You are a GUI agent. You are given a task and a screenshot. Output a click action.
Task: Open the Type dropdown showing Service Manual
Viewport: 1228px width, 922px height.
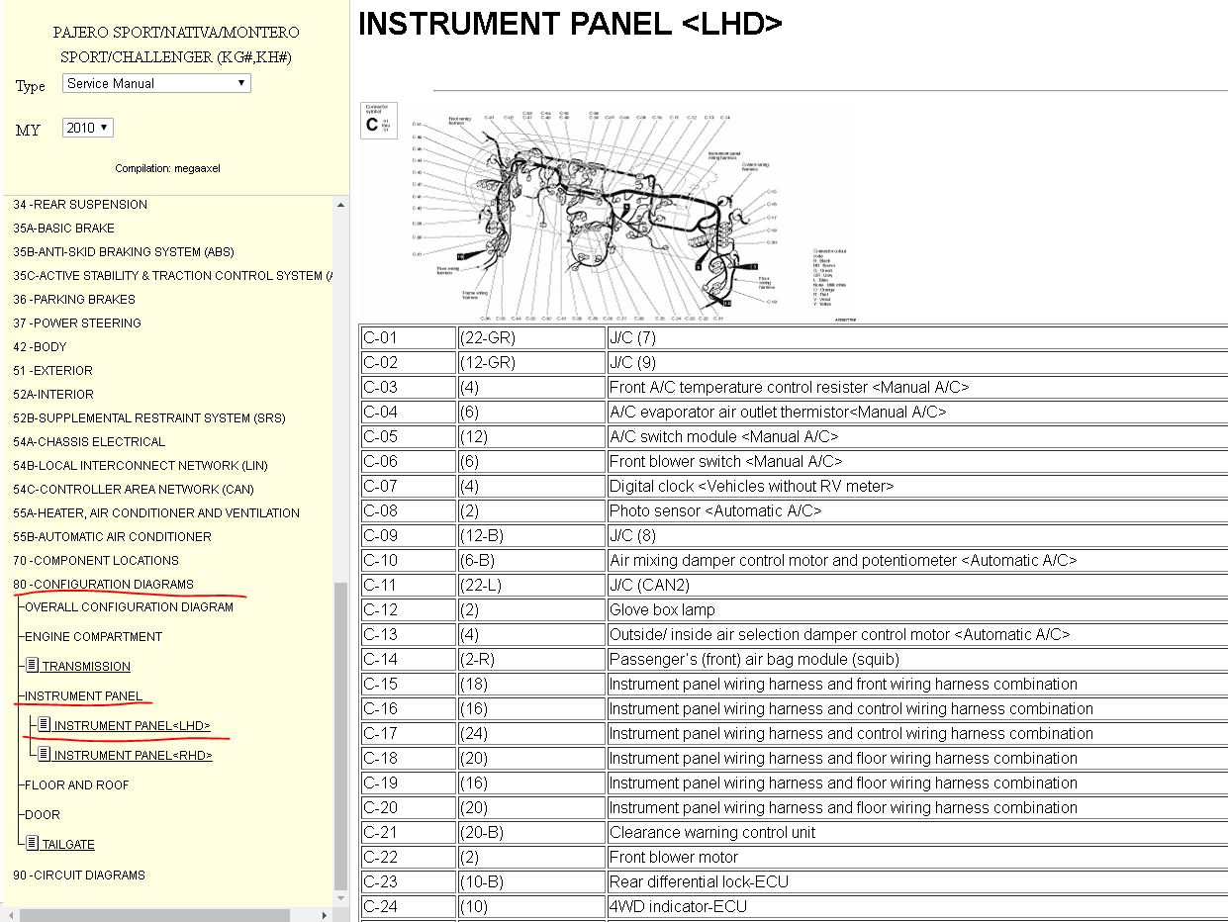pos(156,84)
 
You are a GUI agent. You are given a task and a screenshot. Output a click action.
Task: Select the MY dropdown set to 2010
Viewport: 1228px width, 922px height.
pos(88,128)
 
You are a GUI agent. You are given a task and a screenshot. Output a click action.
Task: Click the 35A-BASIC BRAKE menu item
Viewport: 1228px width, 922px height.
pos(63,229)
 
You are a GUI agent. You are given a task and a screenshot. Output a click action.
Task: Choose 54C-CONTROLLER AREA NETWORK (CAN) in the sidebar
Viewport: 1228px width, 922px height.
pos(133,490)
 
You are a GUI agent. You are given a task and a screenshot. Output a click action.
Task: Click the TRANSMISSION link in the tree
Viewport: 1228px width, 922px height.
pos(86,667)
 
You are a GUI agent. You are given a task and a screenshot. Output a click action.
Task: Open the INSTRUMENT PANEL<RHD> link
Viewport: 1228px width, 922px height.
pos(133,756)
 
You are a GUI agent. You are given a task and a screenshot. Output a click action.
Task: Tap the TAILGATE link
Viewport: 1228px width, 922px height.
pos(68,845)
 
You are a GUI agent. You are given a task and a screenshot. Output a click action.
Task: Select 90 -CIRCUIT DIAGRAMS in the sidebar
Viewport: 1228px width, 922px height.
pos(79,876)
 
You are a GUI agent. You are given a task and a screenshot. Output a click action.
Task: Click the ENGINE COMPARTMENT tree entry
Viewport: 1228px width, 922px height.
pos(93,637)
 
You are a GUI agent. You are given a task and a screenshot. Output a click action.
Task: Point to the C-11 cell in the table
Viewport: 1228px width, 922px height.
pos(381,585)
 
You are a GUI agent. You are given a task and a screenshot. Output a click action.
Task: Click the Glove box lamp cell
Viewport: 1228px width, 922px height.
pos(662,609)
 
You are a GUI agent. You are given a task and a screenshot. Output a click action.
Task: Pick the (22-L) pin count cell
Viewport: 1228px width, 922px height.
pos(481,585)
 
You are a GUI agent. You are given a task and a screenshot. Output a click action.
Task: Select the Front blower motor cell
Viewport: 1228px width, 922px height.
pos(674,857)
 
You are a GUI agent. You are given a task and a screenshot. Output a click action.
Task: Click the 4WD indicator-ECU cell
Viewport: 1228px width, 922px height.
pos(678,906)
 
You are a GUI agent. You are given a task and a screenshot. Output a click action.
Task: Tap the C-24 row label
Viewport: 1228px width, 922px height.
pos(381,906)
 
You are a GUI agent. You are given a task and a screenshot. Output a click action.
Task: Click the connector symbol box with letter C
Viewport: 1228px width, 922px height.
pos(378,121)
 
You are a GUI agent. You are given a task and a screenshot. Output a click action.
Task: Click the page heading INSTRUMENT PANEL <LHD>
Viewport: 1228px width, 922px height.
pos(570,25)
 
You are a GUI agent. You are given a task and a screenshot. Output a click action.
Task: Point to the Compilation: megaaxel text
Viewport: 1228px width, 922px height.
pos(167,168)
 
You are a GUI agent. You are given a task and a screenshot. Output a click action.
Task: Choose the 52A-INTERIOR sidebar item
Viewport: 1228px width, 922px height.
pos(52,395)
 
